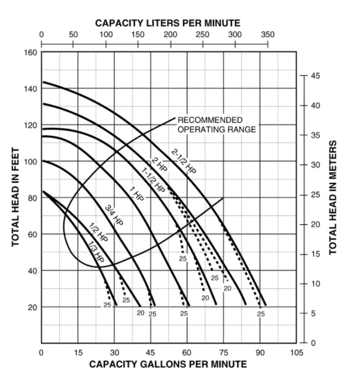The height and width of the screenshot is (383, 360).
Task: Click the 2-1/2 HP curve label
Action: click(183, 161)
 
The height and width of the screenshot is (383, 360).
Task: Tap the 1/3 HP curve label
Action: click(95, 252)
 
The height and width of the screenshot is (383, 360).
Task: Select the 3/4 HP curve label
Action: click(114, 215)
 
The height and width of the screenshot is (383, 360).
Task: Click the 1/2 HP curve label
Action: click(98, 233)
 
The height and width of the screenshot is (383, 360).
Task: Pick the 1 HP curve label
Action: click(136, 194)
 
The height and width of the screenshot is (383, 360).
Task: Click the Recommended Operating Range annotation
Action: click(216, 125)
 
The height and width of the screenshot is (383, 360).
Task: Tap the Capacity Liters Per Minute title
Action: click(168, 23)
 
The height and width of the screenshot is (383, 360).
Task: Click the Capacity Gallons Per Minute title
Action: click(168, 364)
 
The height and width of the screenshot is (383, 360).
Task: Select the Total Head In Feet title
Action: click(16, 198)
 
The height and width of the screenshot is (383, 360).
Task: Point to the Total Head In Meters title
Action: click(333, 198)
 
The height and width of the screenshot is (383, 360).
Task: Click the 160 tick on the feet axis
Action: click(30, 52)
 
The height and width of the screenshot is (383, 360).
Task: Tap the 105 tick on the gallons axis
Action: click(297, 353)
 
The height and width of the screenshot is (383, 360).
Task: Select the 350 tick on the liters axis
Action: click(267, 34)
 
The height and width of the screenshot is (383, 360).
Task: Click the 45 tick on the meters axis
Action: click(316, 76)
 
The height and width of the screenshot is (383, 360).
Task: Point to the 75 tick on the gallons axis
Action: click(224, 353)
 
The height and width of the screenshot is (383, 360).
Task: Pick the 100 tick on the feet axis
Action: click(30, 162)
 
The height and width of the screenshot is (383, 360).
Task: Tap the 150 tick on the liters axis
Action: click(138, 34)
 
